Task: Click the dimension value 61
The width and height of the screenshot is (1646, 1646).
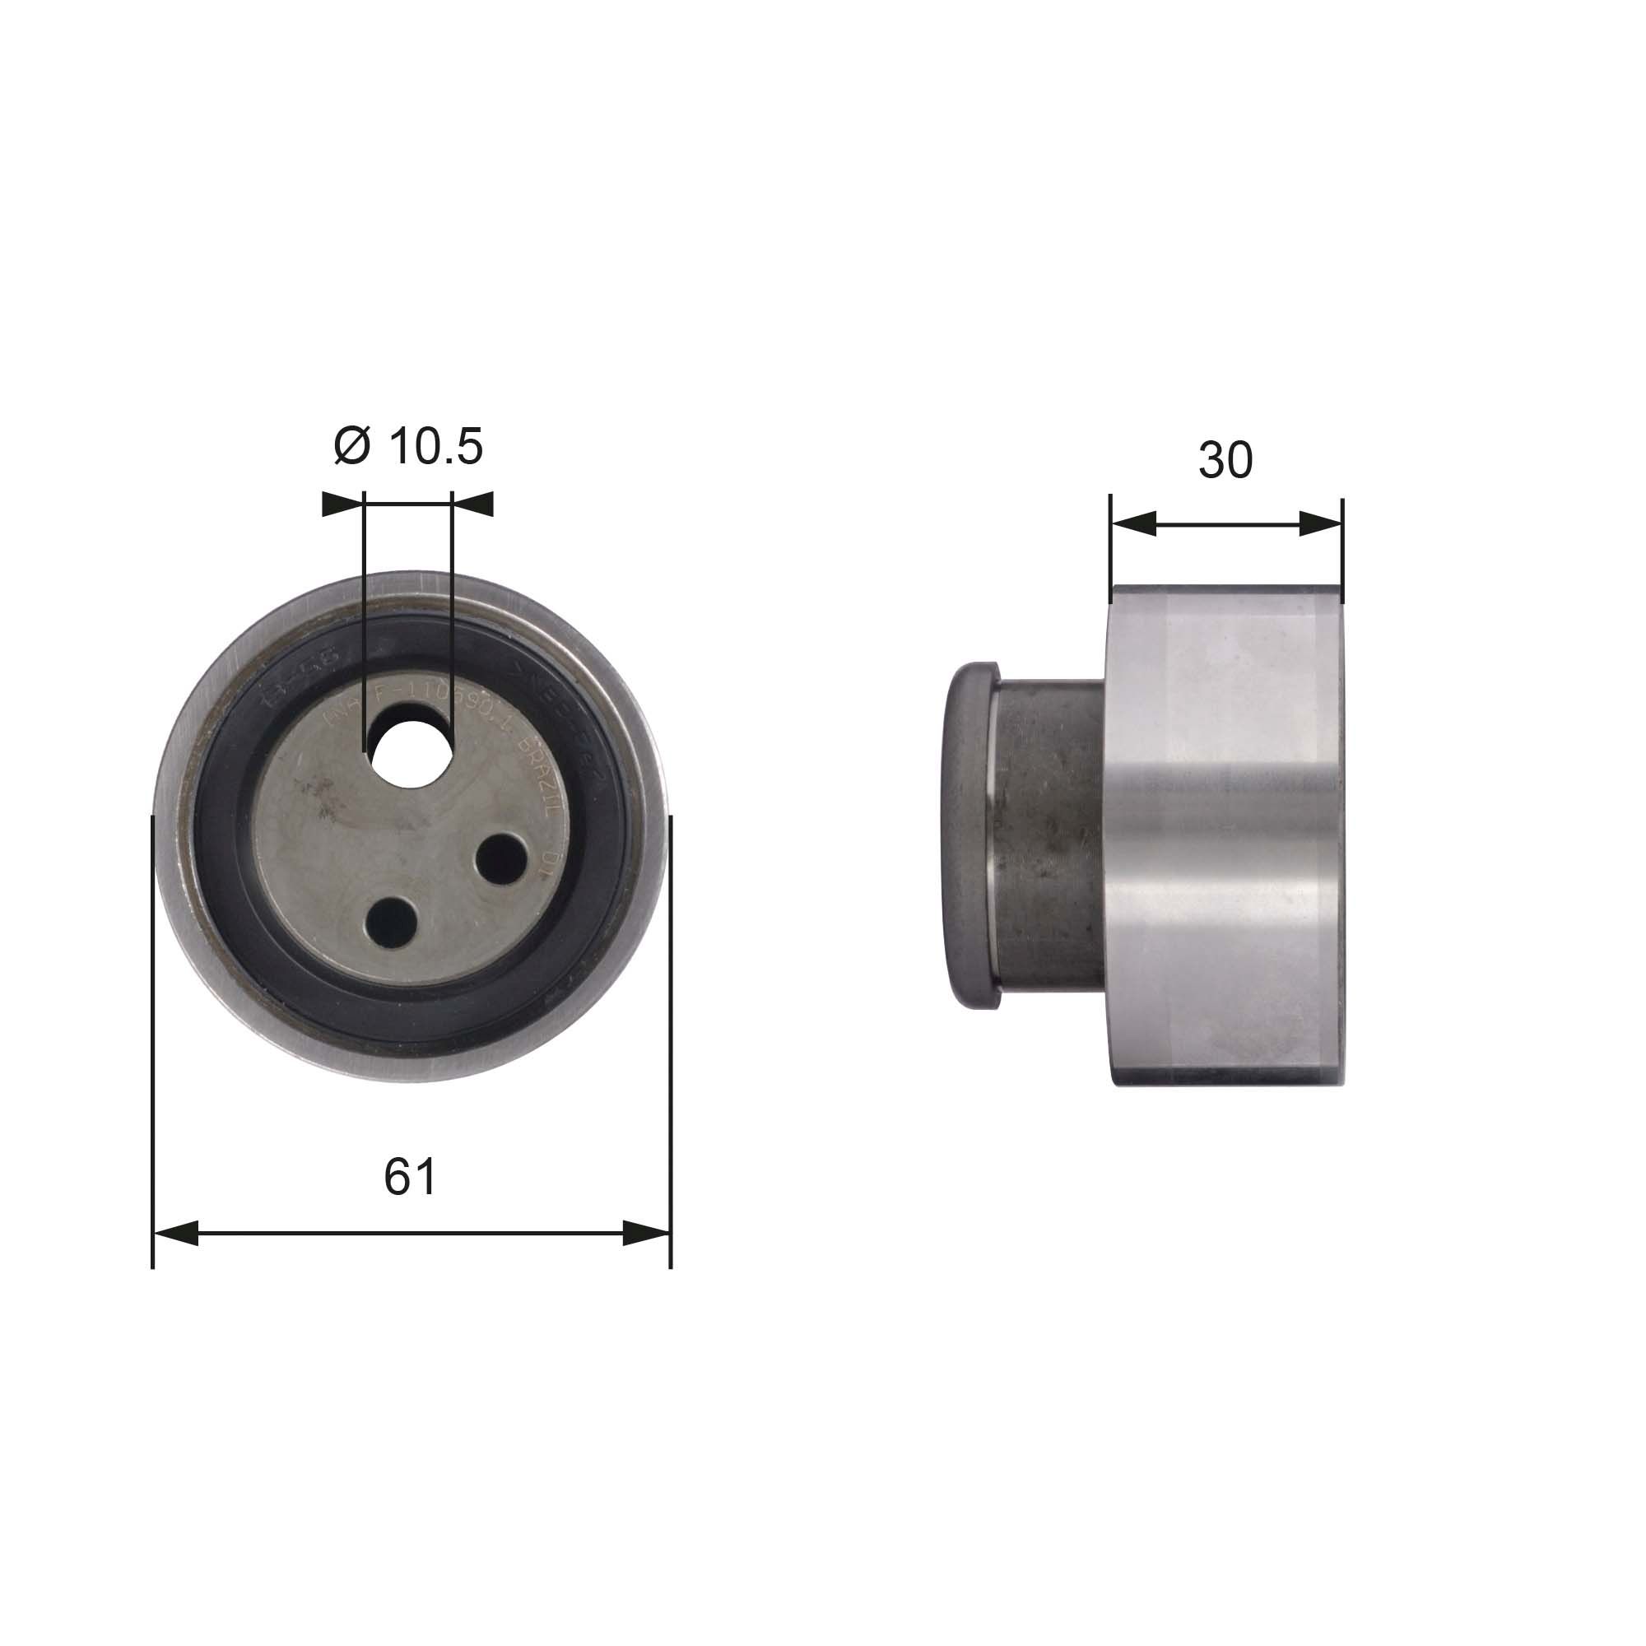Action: [410, 1177]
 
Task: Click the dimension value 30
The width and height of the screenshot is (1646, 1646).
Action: [1225, 460]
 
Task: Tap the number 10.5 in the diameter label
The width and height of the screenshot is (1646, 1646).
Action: [435, 446]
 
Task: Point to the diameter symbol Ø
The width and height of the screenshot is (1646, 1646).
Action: [352, 446]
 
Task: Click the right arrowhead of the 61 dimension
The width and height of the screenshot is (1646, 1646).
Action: [647, 1233]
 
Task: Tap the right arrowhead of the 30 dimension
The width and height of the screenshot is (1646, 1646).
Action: [1321, 524]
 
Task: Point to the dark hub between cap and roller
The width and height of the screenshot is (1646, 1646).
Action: [1048, 835]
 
